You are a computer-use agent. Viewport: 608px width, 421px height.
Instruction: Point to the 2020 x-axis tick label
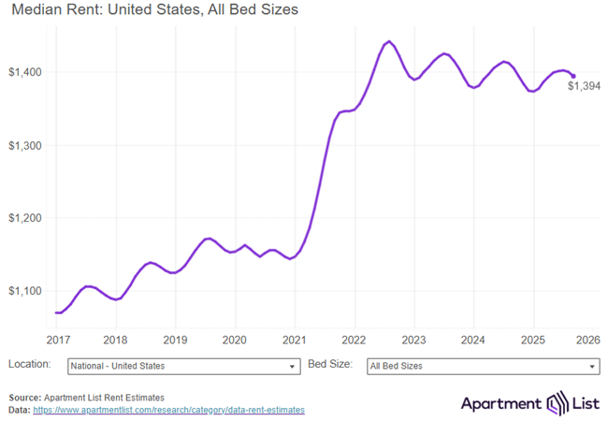pyautogui.click(x=235, y=340)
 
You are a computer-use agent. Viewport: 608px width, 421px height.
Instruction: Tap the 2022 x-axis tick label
pyautogui.click(x=354, y=340)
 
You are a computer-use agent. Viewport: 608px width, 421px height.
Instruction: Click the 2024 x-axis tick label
pyautogui.click(x=473, y=340)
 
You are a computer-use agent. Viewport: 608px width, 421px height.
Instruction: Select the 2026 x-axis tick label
pyautogui.click(x=588, y=340)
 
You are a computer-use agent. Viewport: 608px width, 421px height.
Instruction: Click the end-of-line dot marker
pyautogui.click(x=573, y=76)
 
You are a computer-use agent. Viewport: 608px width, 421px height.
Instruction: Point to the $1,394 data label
pyautogui.click(x=584, y=87)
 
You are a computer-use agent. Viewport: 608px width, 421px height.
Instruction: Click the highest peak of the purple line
pyautogui.click(x=389, y=41)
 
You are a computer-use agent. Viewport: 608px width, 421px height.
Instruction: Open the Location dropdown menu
pyautogui.click(x=183, y=366)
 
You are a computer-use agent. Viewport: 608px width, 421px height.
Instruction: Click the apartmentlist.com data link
pyautogui.click(x=168, y=410)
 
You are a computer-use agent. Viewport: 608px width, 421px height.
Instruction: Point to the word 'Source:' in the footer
pyautogui.click(x=26, y=398)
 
